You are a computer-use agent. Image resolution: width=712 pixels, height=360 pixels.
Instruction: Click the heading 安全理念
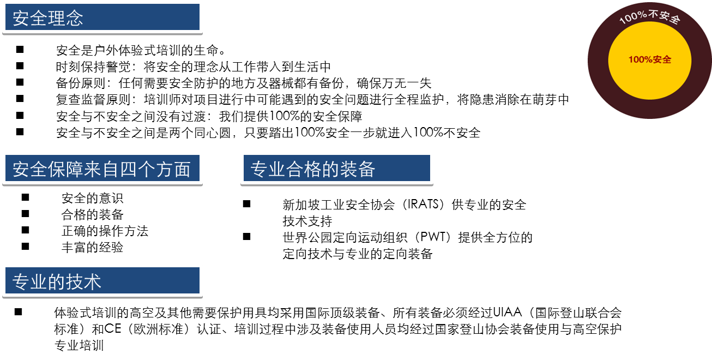pyautogui.click(x=48, y=19)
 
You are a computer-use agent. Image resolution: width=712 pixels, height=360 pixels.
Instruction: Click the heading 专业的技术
pyautogui.click(x=57, y=281)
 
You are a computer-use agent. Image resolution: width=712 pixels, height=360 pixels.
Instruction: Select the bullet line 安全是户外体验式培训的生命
pyautogui.click(x=141, y=51)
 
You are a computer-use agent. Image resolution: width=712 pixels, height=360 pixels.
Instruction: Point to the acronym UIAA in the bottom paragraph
pyautogui.click(x=507, y=313)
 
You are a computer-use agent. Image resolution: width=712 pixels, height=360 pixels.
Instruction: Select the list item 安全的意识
pyautogui.click(x=92, y=198)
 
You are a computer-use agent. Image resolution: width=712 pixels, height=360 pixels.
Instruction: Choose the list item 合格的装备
pyautogui.click(x=92, y=214)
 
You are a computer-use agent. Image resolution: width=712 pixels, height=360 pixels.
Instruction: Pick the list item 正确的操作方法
pyautogui.click(x=105, y=231)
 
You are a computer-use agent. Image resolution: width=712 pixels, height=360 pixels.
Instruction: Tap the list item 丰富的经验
pyautogui.click(x=92, y=247)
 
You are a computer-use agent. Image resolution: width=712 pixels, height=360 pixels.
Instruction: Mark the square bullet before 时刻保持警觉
pyautogui.click(x=20, y=66)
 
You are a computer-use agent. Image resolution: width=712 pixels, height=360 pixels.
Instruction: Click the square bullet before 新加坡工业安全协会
pyautogui.click(x=246, y=204)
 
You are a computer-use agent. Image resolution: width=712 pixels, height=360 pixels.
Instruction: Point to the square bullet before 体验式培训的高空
pyautogui.click(x=19, y=312)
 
